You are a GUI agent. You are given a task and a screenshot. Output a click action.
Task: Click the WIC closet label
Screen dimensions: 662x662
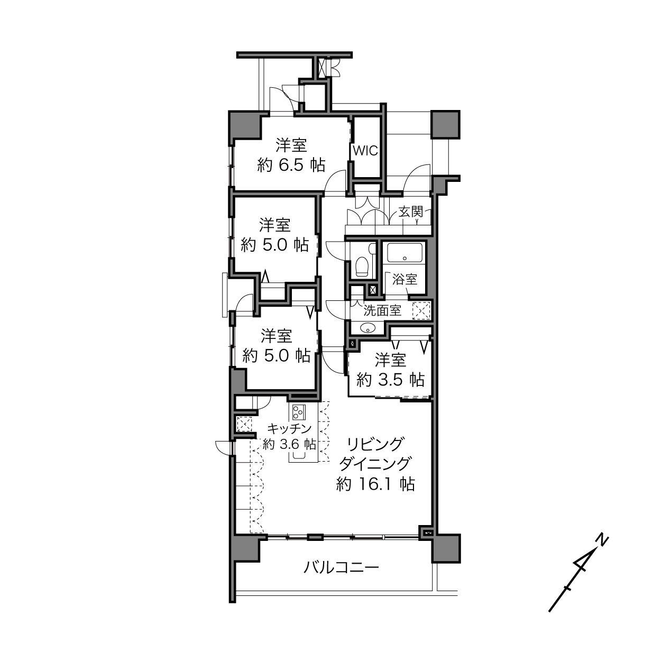click(365, 151)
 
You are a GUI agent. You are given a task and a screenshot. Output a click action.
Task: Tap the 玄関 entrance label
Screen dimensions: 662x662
click(410, 212)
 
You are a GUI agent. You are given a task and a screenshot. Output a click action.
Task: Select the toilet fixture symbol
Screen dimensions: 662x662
click(361, 266)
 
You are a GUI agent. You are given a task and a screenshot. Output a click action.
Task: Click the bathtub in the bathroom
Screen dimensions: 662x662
click(404, 253)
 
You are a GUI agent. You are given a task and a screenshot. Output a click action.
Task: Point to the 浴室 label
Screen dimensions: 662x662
click(405, 279)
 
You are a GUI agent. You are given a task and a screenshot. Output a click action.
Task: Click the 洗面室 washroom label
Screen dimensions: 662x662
click(382, 310)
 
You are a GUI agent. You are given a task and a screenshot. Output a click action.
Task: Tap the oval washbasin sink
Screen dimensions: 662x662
click(367, 328)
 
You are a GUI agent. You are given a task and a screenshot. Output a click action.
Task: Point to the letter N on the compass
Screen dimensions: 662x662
click(602, 540)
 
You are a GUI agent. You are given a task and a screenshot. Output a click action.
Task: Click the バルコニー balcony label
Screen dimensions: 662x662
click(341, 567)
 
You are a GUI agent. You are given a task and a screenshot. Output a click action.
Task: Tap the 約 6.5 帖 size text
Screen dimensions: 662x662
click(291, 165)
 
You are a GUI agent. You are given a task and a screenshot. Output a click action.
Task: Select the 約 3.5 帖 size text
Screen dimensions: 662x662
click(391, 380)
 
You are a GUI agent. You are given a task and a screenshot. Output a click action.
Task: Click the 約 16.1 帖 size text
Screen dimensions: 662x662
click(375, 484)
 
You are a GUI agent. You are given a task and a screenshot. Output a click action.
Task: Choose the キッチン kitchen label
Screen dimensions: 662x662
click(289, 428)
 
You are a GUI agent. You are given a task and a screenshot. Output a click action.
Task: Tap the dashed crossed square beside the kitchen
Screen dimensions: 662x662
click(244, 424)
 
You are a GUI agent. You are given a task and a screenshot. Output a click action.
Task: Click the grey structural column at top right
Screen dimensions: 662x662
click(446, 124)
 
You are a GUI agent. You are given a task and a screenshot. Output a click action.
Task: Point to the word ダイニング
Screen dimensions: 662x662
click(375, 464)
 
